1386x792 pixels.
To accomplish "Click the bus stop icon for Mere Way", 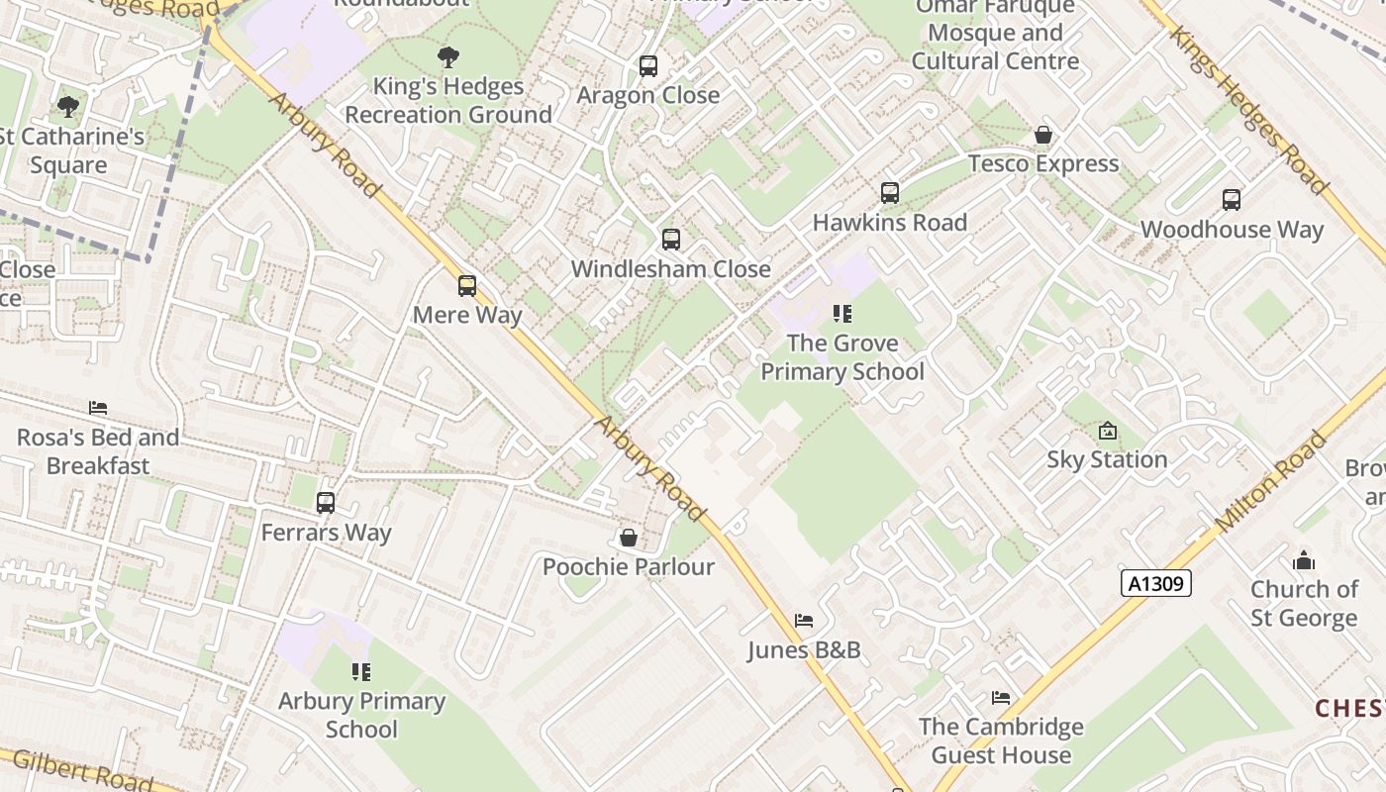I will pyautogui.click(x=467, y=286).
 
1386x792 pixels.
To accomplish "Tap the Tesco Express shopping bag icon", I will pyautogui.click(x=1043, y=135).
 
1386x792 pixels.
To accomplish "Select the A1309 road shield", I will pyautogui.click(x=1156, y=584).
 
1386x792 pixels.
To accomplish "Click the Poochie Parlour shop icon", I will pyautogui.click(x=628, y=538).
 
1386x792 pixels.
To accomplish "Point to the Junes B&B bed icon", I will pyautogui.click(x=804, y=621).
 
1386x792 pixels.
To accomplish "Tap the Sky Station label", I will pyautogui.click(x=1107, y=459).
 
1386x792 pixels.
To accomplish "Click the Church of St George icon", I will pyautogui.click(x=1304, y=560).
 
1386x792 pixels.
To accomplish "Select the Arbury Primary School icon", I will pyautogui.click(x=361, y=672).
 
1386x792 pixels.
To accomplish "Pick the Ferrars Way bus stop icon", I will pyautogui.click(x=326, y=503).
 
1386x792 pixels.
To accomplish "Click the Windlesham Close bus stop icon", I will pyautogui.click(x=671, y=239).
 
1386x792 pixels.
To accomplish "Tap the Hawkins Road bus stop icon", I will pyautogui.click(x=890, y=193).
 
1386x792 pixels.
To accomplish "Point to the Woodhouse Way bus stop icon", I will pyautogui.click(x=1232, y=200).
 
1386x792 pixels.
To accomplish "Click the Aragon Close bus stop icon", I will pyautogui.click(x=648, y=66).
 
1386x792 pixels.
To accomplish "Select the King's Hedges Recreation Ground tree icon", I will pyautogui.click(x=448, y=57).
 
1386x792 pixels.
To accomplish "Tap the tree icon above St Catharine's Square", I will pyautogui.click(x=68, y=107).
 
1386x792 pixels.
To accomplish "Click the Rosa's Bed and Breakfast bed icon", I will pyautogui.click(x=97, y=408).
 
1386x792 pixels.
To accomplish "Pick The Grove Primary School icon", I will pyautogui.click(x=842, y=314).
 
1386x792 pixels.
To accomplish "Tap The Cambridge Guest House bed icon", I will pyautogui.click(x=1001, y=698).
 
